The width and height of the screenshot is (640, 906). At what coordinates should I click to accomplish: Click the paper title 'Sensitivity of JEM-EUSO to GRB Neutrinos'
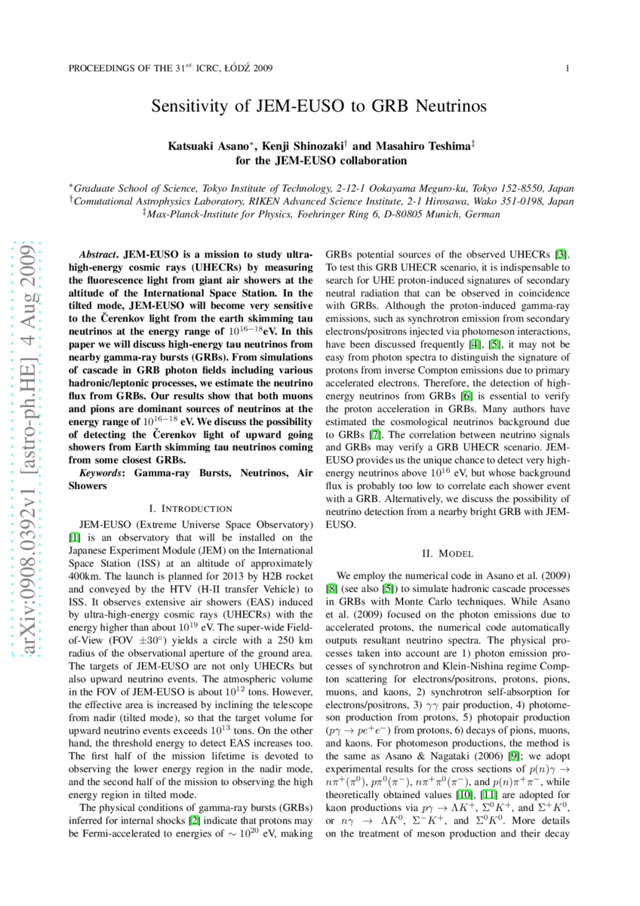pyautogui.click(x=320, y=106)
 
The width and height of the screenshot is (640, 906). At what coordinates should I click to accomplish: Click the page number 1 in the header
pyautogui.click(x=566, y=69)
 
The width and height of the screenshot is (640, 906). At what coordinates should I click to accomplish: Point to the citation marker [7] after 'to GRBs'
pyautogui.click(x=374, y=436)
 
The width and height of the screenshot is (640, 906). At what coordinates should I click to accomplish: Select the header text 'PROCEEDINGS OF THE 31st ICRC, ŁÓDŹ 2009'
pyautogui.click(x=171, y=69)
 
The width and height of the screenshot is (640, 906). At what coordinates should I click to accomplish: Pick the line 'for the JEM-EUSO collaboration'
pyautogui.click(x=320, y=161)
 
